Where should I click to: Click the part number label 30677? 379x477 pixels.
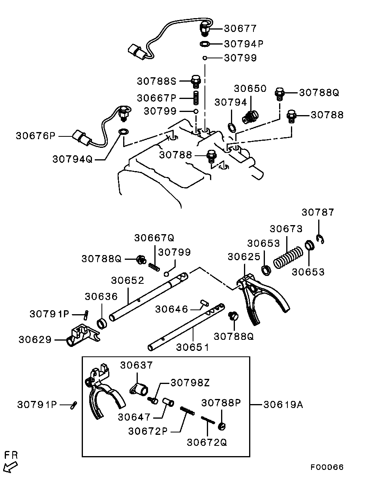click(x=240, y=29)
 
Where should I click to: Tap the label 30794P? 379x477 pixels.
click(x=244, y=44)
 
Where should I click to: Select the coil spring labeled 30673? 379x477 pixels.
click(x=288, y=257)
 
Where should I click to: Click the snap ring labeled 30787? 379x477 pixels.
click(x=320, y=239)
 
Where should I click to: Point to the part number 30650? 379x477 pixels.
click(x=250, y=89)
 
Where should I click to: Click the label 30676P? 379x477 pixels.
click(x=36, y=136)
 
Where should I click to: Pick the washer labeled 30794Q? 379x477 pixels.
click(x=124, y=132)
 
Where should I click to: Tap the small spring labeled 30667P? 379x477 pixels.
click(x=196, y=98)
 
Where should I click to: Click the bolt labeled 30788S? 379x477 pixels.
click(x=196, y=81)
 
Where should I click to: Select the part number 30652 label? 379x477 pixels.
click(x=128, y=280)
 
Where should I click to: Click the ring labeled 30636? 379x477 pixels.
click(x=102, y=324)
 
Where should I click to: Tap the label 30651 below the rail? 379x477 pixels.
click(x=193, y=347)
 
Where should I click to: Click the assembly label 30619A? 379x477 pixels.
click(x=283, y=405)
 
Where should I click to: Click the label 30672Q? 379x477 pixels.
click(x=207, y=442)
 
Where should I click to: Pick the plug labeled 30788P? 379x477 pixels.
click(x=222, y=426)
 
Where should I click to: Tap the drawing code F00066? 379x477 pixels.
click(x=327, y=467)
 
